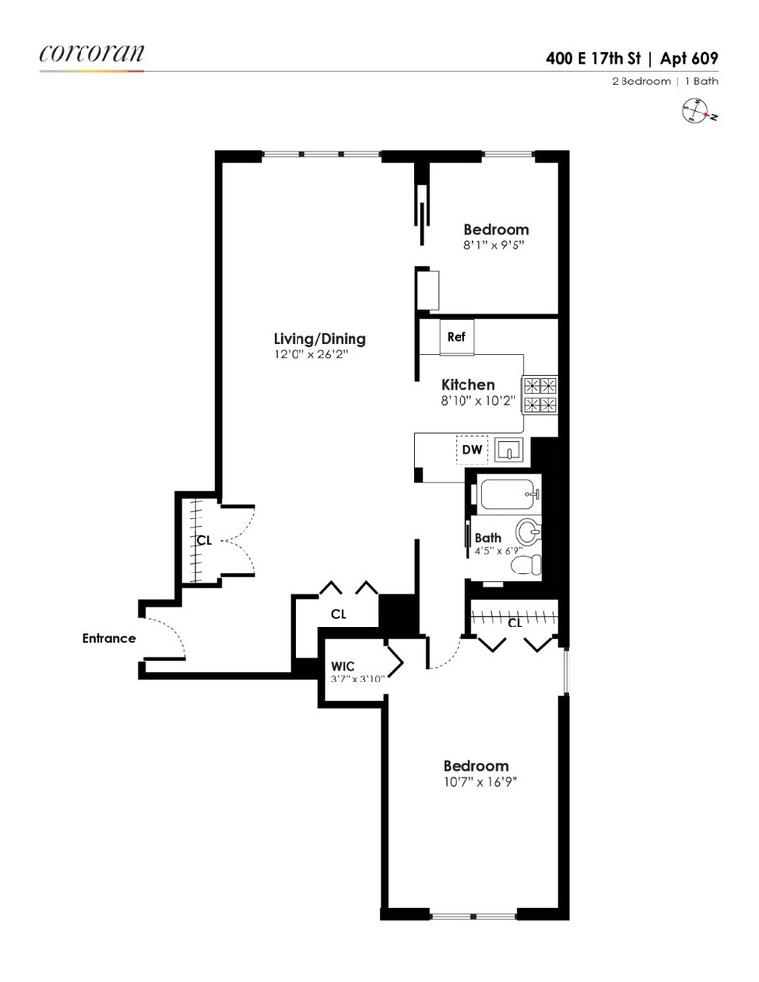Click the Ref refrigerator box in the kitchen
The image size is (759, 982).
pyautogui.click(x=456, y=336)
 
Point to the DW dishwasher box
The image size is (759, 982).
pyautogui.click(x=473, y=450)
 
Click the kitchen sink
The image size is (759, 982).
pyautogui.click(x=510, y=451)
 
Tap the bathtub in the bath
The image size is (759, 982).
pyautogui.click(x=507, y=492)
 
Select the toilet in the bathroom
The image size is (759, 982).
pyautogui.click(x=527, y=564)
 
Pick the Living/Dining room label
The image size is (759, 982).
pyautogui.click(x=320, y=339)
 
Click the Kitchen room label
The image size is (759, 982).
pyautogui.click(x=467, y=385)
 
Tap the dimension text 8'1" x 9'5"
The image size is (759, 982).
pyautogui.click(x=496, y=245)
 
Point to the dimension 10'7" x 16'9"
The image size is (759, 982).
pyautogui.click(x=475, y=782)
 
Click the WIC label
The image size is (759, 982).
pyautogui.click(x=344, y=665)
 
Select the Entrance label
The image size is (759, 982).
pyautogui.click(x=108, y=638)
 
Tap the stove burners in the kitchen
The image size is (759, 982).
pyautogui.click(x=540, y=395)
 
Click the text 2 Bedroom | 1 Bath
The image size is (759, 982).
pyautogui.click(x=667, y=82)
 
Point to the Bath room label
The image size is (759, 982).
pyautogui.click(x=488, y=538)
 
